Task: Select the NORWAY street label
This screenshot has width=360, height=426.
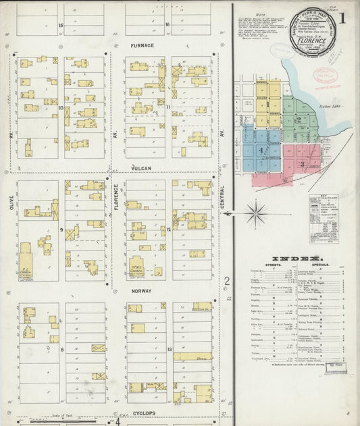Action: (142, 291)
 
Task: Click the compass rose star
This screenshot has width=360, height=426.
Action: (256, 214)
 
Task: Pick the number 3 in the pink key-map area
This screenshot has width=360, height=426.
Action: (303, 163)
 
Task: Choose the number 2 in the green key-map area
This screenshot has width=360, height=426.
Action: (298, 118)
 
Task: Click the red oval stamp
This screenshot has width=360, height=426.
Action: (326, 76)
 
